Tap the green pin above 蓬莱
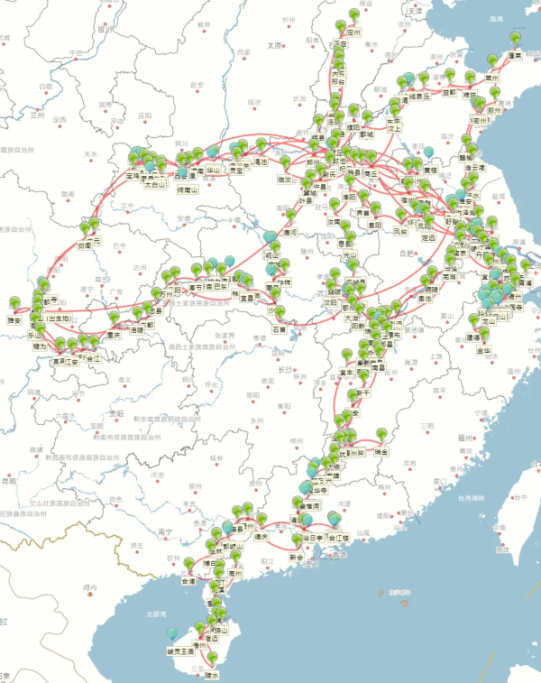click(516, 40)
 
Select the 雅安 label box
click(14, 319)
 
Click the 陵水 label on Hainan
click(212, 674)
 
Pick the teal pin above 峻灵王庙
click(172, 636)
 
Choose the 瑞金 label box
click(381, 451)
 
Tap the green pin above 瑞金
click(381, 436)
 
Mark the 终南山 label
click(188, 189)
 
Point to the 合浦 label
click(188, 582)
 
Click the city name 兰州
click(37, 115)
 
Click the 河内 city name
click(89, 588)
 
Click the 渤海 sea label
click(495, 18)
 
